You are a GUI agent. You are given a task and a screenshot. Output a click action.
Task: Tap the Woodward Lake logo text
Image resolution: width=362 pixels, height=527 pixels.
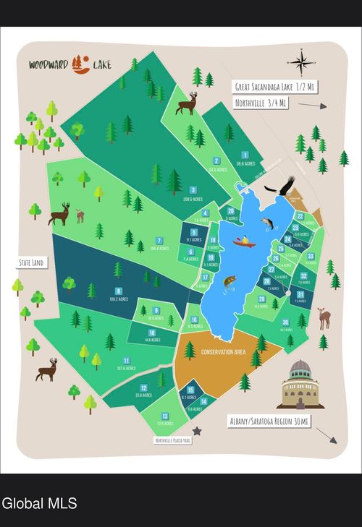[70, 64]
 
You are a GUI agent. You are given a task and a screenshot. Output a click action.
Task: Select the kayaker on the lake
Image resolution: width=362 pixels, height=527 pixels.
[244, 241]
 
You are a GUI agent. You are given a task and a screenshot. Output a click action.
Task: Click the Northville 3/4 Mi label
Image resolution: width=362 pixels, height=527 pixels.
[261, 104]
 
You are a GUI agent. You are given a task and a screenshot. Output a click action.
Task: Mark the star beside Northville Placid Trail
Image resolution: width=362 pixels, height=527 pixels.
[196, 431]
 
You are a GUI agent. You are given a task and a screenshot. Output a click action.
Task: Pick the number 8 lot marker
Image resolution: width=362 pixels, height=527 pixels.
[117, 291]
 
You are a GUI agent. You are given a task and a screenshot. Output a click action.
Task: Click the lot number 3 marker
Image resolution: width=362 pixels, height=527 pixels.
[193, 189]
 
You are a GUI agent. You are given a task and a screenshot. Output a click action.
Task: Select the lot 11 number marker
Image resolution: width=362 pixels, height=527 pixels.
[126, 360]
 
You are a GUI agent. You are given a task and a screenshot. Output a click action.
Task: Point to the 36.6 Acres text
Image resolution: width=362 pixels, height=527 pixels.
[245, 164]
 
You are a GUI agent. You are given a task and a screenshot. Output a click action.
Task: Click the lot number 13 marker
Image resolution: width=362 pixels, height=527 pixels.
[165, 416]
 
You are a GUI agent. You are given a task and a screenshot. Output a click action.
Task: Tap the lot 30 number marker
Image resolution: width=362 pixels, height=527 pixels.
[285, 322]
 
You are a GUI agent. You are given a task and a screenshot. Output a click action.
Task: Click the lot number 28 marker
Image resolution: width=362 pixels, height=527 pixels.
[266, 281]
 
